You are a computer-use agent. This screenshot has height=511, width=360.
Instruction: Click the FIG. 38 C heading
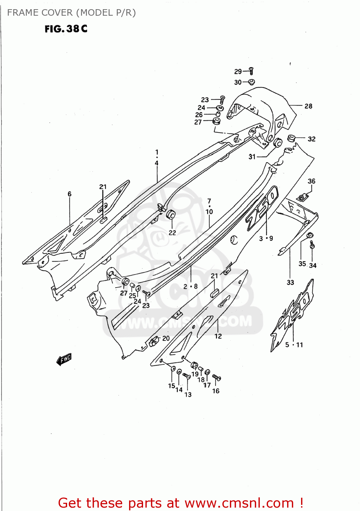point(66,29)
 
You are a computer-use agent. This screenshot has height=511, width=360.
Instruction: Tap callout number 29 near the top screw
point(238,72)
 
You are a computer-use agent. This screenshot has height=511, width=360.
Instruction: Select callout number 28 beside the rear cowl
point(308,106)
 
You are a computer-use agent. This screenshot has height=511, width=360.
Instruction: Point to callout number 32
point(311,139)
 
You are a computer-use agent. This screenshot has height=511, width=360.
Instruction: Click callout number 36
point(311,181)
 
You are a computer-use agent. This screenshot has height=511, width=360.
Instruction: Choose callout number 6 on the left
point(69,194)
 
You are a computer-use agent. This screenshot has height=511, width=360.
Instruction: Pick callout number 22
point(172,233)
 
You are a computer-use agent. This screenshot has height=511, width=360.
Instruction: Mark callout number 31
point(252,157)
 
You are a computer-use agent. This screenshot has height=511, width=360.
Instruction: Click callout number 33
point(290,282)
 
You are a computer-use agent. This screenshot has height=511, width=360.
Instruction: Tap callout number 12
point(218,336)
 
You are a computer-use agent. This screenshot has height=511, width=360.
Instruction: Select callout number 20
point(166,338)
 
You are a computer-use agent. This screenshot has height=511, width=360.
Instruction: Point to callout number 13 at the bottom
point(188,394)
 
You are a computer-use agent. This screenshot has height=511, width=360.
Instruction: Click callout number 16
point(216,391)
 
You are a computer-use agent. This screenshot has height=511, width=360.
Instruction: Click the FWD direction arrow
point(64,359)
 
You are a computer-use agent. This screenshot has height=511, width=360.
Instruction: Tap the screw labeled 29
point(251,71)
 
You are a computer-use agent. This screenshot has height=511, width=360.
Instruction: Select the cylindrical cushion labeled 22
point(171,215)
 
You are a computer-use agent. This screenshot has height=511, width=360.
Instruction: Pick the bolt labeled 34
point(312,244)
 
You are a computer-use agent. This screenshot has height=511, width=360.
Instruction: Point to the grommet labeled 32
point(291,138)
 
